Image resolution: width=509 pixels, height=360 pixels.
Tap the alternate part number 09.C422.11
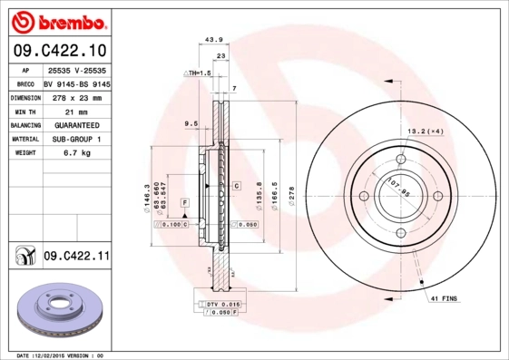tap(77, 258)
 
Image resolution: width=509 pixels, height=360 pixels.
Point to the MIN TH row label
tap(24, 111)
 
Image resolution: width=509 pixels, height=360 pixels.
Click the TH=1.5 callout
tap(197, 72)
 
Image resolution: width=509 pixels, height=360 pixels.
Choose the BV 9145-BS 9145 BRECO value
tap(77, 83)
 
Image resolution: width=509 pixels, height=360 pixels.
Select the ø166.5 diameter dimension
tap(275, 194)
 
